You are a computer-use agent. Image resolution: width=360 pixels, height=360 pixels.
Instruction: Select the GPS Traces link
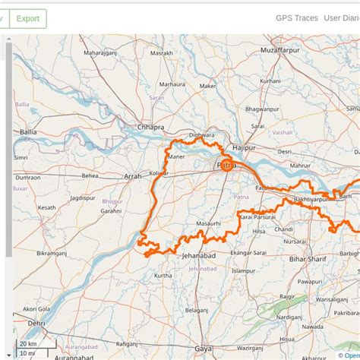[295, 18]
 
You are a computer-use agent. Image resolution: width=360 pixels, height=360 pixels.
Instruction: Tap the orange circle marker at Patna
[226, 162]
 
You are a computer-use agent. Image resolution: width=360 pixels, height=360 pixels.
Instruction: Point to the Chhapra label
[151, 127]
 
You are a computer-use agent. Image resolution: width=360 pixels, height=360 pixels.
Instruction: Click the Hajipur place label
[244, 147]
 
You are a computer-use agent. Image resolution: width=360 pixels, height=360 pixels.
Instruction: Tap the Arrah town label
[132, 176]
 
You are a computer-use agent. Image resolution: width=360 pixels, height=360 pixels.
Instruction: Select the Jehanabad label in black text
[200, 257]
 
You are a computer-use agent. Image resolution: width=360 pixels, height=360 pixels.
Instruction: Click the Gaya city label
[203, 348]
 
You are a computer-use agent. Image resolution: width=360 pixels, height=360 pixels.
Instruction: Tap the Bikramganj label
[52, 250]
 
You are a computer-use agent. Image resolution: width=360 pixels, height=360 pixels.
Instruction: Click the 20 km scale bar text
[28, 343]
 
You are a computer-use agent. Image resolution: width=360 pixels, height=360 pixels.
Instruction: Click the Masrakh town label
[162, 54]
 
